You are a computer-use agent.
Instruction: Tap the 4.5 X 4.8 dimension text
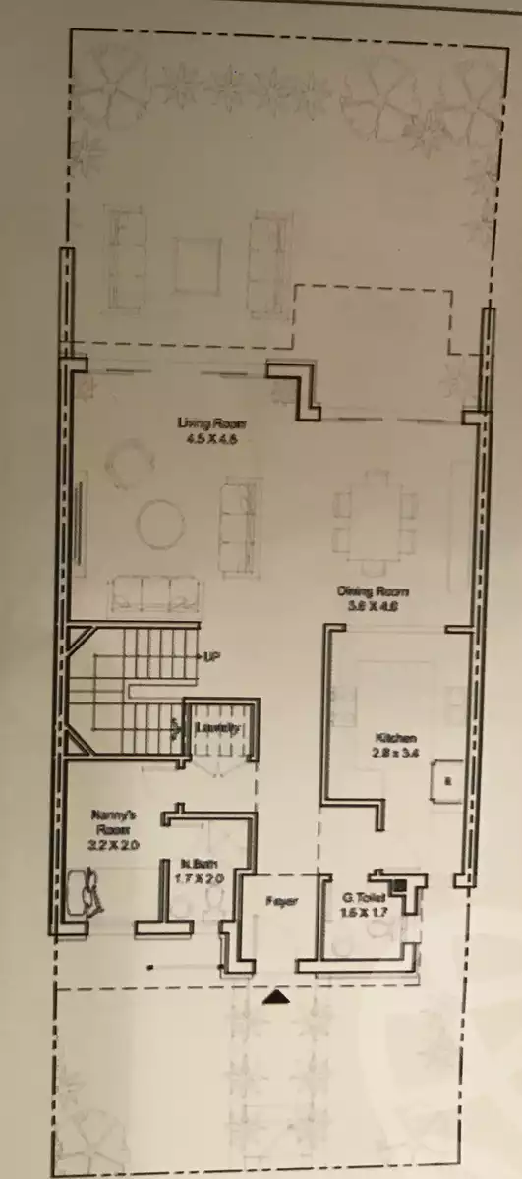pos(211,439)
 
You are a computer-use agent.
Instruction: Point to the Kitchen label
pos(396,738)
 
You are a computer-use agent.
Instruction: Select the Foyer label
pos(280,900)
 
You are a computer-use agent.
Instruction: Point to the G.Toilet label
pos(361,897)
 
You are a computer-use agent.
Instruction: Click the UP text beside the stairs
pos(211,655)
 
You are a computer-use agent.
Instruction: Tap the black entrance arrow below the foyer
pos(279,997)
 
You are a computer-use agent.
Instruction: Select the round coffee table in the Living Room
pos(160,525)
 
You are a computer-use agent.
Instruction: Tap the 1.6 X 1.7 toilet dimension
pos(360,912)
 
